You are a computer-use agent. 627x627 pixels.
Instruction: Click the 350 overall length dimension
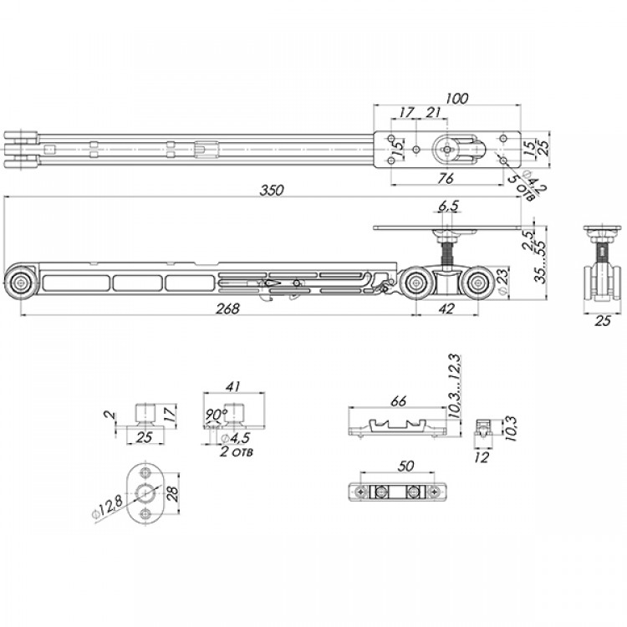click(x=272, y=190)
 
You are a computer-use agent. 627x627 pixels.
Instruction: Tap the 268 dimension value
click(x=227, y=308)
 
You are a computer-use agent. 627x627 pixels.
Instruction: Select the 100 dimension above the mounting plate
click(x=456, y=98)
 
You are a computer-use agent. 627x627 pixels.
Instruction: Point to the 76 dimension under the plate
click(x=446, y=178)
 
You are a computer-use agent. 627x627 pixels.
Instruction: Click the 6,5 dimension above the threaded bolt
click(x=449, y=206)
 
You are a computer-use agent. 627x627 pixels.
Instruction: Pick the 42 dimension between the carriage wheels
click(x=446, y=308)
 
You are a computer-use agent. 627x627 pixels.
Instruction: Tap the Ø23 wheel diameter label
click(x=502, y=283)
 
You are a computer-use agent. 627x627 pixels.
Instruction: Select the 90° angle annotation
click(x=216, y=414)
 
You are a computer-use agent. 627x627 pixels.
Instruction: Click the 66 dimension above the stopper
click(x=399, y=400)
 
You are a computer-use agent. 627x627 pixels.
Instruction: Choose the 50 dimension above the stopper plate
click(x=405, y=466)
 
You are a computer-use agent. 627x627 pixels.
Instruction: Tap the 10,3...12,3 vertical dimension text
click(x=455, y=386)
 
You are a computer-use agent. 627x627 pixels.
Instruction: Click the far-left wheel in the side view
click(x=19, y=283)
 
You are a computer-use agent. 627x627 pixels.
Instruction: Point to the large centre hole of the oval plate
click(x=145, y=492)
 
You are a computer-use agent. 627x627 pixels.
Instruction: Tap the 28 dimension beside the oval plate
click(x=174, y=493)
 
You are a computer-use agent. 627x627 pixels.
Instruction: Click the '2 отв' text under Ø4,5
click(x=237, y=452)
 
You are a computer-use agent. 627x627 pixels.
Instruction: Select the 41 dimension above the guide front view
click(x=232, y=386)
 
